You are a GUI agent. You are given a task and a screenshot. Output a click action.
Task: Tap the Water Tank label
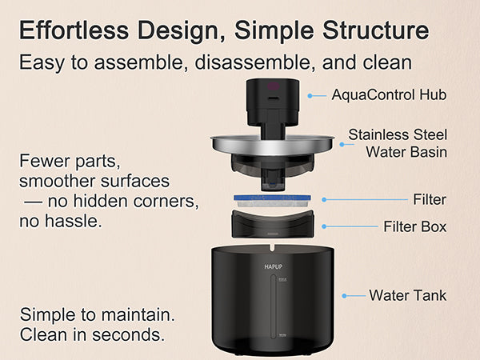click(407, 295)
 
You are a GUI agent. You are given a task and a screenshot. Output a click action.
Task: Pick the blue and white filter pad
click(272, 198)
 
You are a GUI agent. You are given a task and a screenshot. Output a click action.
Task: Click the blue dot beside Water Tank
click(345, 295)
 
